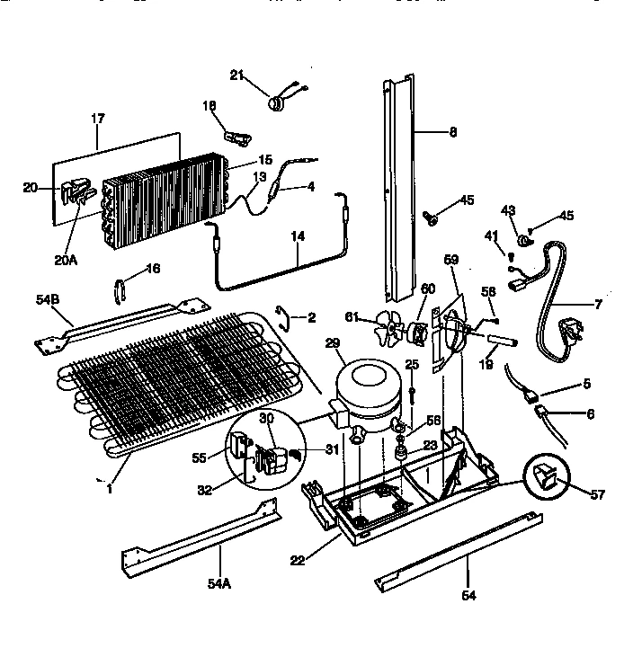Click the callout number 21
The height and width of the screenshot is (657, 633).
click(236, 75)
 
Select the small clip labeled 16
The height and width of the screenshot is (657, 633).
click(120, 290)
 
